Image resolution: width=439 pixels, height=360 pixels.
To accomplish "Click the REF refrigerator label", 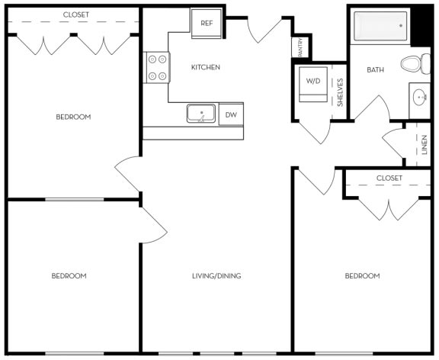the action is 207,23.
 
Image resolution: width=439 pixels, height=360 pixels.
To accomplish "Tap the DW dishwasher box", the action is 231,114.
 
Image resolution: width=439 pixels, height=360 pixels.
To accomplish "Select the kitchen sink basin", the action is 201,114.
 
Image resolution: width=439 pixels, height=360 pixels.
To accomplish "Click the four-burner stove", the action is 157,68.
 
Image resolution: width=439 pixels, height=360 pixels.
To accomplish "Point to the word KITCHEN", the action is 206,67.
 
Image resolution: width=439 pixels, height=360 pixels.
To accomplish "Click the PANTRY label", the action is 300,47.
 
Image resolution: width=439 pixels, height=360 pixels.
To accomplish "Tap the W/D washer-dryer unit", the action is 313,84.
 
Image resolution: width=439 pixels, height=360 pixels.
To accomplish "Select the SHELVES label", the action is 340,92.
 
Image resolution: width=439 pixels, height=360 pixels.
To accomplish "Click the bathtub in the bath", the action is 380,26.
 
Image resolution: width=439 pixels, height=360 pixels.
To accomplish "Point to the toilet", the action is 415,64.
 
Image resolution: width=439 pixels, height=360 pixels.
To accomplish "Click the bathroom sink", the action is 420,97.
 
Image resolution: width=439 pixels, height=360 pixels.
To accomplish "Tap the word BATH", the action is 375,69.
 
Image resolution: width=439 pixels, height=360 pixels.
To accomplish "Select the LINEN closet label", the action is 425,145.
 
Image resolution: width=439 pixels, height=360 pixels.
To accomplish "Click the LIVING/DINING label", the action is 216,276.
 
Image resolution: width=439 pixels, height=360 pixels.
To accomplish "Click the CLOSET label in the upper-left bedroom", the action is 76,14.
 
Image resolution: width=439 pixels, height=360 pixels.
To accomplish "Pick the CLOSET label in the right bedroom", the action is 389,178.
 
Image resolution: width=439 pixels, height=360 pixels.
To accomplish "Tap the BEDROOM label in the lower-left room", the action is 69,276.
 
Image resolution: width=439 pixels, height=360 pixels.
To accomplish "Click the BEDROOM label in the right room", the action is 362,276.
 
